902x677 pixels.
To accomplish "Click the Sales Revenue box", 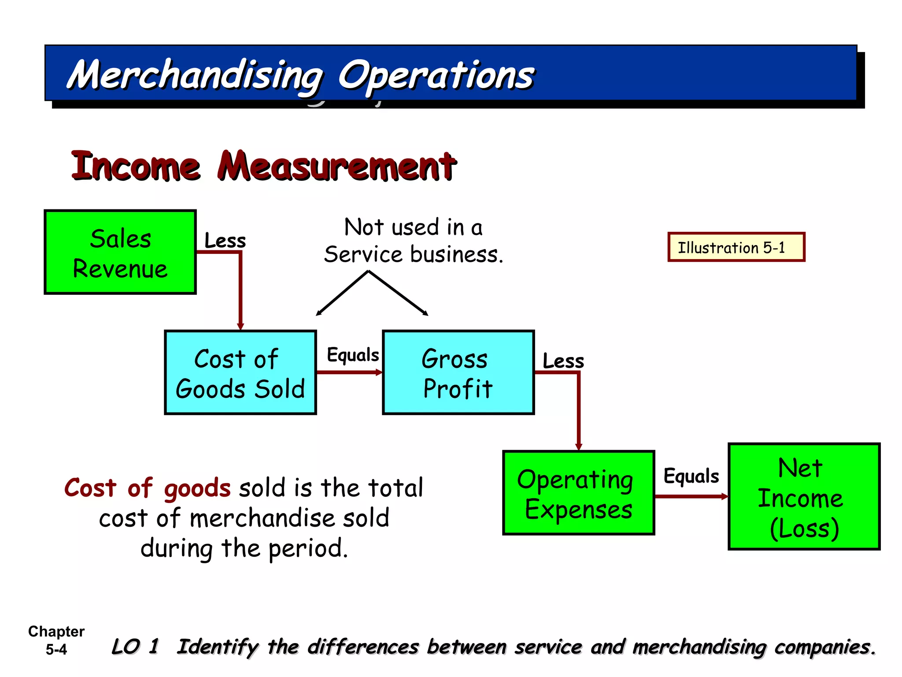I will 120,252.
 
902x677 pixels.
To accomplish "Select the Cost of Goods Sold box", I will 240,372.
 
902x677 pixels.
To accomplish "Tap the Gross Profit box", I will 458,372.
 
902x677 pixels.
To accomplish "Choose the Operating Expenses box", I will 578,493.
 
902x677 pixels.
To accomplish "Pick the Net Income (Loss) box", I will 804,497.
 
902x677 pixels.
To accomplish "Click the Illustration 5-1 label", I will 736,247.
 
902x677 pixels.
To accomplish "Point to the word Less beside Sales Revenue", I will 225,241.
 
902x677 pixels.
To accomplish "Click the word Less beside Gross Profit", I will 563,361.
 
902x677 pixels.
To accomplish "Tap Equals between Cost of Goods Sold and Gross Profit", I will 352,355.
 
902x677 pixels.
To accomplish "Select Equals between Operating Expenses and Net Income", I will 691,476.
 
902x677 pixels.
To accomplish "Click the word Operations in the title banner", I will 436,76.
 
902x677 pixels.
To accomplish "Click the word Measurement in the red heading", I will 337,167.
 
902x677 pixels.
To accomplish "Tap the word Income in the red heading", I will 136,167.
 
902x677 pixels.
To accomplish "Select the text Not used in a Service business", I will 413,241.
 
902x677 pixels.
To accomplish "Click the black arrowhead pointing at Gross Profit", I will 425,313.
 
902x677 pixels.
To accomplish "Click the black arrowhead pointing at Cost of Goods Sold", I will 318,313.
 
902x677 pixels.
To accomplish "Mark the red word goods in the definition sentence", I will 197,488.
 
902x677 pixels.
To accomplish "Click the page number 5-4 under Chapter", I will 56,649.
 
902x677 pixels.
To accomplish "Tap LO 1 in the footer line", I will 135,647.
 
